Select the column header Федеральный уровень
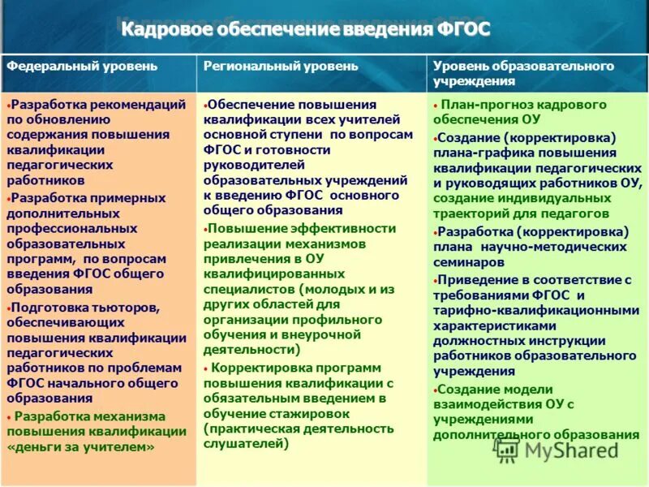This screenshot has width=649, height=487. pyautogui.click(x=83, y=67)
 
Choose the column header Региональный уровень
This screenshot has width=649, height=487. pyautogui.click(x=281, y=67)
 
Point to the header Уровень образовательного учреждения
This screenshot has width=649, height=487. pyautogui.click(x=523, y=73)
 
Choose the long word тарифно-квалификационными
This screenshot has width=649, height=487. pyautogui.click(x=536, y=310)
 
